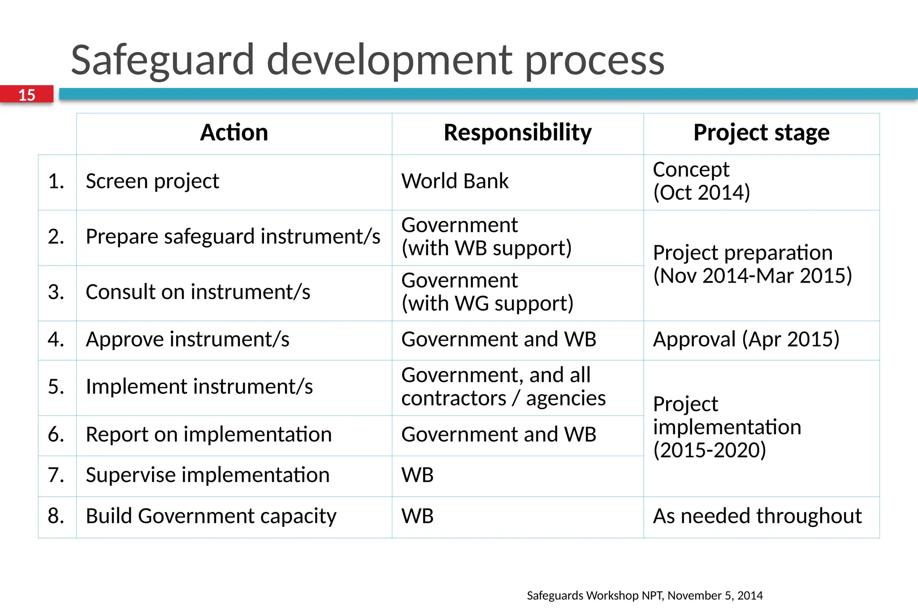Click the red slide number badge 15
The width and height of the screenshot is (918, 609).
pyautogui.click(x=26, y=95)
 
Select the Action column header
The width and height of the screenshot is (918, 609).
pyautogui.click(x=234, y=133)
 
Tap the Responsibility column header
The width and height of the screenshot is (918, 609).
pyautogui.click(x=517, y=133)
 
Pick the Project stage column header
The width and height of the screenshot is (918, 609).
pyautogui.click(x=761, y=133)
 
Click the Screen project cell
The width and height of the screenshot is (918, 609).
pyautogui.click(x=152, y=182)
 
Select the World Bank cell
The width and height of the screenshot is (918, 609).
pyautogui.click(x=455, y=182)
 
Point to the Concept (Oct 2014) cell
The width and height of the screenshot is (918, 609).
pyautogui.click(x=701, y=181)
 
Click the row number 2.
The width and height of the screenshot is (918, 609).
pyautogui.click(x=56, y=237)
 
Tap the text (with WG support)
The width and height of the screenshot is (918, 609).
pyautogui.click(x=487, y=304)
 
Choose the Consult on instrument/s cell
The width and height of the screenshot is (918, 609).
pyautogui.click(x=198, y=292)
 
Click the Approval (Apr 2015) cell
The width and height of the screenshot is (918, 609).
pyautogui.click(x=746, y=339)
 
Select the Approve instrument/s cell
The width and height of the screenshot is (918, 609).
pyautogui.click(x=187, y=339)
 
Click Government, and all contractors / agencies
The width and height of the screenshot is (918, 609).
pyautogui.click(x=503, y=387)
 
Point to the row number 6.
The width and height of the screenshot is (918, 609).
pyautogui.click(x=56, y=435)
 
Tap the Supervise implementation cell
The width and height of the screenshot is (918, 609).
pyautogui.click(x=208, y=475)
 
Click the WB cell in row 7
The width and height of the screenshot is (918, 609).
pyautogui.click(x=417, y=475)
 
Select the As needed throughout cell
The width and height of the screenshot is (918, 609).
pyautogui.click(x=757, y=516)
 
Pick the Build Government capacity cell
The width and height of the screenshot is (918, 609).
pyautogui.click(x=211, y=516)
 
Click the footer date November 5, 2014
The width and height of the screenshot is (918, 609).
pyautogui.click(x=715, y=596)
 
